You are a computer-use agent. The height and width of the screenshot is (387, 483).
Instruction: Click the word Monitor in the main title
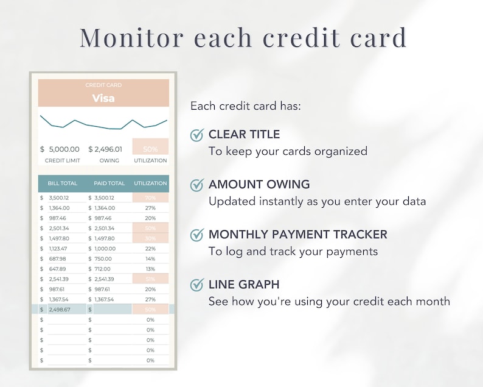point(131,38)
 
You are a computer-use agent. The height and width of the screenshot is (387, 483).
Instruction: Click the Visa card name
point(103,98)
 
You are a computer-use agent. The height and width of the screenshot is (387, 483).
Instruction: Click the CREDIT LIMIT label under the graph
point(63,160)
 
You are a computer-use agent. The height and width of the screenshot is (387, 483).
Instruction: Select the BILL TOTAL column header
point(63,183)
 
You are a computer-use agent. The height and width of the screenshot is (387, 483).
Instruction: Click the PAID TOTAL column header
point(109,183)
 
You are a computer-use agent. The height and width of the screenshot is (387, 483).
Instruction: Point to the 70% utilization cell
point(150,198)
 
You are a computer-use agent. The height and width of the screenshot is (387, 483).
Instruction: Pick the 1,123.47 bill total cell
point(59,249)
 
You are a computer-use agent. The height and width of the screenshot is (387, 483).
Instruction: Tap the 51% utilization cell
point(150,279)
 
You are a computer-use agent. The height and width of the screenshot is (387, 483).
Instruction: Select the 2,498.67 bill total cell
point(59,310)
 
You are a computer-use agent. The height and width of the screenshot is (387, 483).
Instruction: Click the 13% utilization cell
point(150,269)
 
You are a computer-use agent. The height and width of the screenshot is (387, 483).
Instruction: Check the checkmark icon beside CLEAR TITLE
point(196,135)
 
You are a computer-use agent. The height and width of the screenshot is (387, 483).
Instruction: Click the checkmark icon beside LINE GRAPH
point(196,285)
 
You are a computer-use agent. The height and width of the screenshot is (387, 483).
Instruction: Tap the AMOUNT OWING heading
point(259,185)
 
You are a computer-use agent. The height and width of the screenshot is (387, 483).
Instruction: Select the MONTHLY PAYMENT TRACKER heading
point(297,235)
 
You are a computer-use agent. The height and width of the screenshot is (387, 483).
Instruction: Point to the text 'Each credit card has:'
point(246,106)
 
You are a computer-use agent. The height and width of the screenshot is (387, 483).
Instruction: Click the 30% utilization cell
point(150,238)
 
